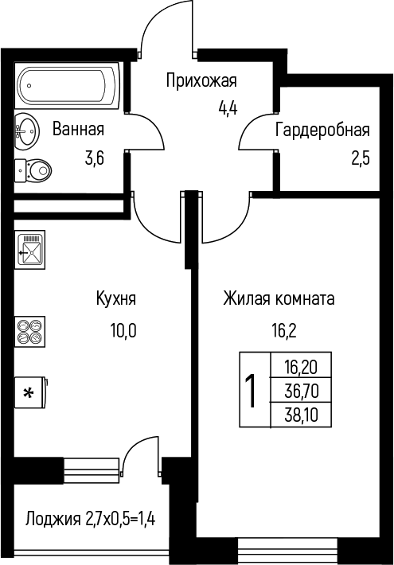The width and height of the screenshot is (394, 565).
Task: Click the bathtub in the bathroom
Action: (68, 86)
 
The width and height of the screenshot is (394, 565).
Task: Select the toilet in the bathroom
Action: (33, 170)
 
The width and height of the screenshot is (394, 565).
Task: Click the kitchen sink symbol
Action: (30, 249)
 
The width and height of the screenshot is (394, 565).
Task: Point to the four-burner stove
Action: (30, 332)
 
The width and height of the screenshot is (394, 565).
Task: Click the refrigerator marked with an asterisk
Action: (30, 392)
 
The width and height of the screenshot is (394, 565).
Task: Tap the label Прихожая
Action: (201, 80)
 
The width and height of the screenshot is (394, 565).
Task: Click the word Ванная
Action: (78, 129)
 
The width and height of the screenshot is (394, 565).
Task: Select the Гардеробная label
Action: (322, 130)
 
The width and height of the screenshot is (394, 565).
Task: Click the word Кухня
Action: (116, 298)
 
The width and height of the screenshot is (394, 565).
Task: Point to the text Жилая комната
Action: (279, 298)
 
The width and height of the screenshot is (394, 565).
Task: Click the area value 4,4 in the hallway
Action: (228, 107)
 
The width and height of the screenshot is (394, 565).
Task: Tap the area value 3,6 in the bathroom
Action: (95, 158)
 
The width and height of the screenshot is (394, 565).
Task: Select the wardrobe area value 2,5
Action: (361, 158)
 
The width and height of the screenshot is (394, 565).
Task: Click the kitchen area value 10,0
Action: (123, 330)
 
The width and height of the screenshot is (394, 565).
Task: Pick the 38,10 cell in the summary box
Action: (302, 415)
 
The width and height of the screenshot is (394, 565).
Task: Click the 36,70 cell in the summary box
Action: (302, 391)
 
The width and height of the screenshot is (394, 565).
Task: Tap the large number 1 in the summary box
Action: (250, 391)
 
